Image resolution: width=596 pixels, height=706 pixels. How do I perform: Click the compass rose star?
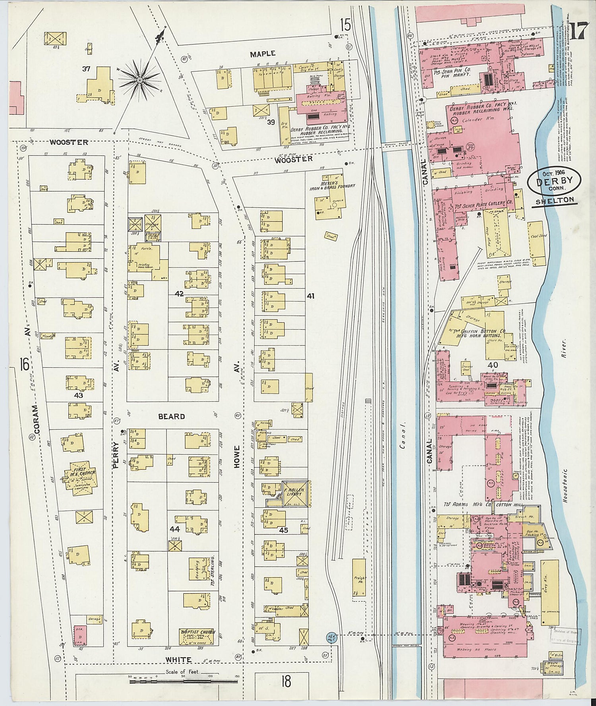pos(139,80)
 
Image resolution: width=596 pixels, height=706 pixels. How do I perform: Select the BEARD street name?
pos(172,416)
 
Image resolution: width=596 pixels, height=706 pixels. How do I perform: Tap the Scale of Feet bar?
pos(184,681)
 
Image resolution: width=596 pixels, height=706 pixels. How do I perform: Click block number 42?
pos(180,293)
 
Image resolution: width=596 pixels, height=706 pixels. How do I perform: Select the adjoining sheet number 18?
pos(286,682)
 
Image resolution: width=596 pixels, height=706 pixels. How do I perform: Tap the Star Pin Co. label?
pos(452,70)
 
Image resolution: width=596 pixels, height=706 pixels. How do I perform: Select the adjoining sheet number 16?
pos(24,364)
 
